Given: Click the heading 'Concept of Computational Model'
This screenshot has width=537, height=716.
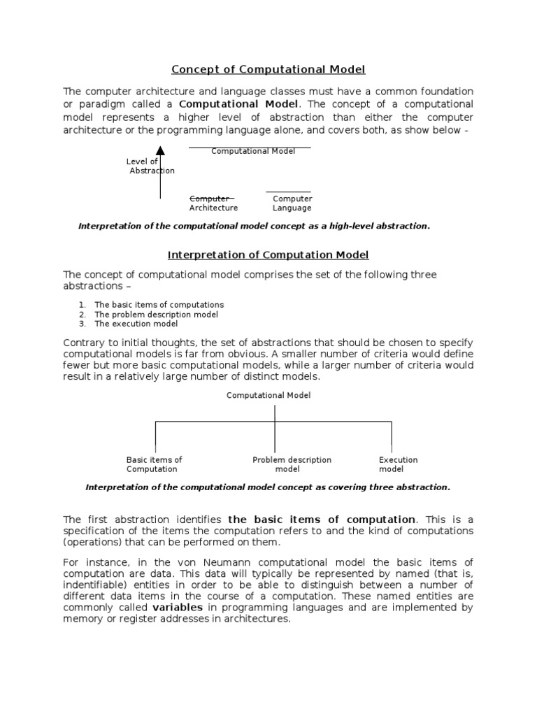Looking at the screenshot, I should point(268,69).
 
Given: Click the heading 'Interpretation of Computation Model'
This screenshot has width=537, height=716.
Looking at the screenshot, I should point(268,255).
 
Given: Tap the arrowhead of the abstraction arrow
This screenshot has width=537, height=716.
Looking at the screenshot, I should point(160,150).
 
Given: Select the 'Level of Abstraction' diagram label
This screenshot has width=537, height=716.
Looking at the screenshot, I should point(150,166).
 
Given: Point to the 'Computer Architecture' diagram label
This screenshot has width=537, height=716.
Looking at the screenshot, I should point(213,203).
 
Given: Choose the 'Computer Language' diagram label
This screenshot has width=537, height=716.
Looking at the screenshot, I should point(292,203).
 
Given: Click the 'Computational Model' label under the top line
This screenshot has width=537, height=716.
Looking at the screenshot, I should point(253,152).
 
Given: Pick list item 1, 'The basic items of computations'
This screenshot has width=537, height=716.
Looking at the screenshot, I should point(159,305).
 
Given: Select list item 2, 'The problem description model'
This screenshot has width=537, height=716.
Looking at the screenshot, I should point(156,315).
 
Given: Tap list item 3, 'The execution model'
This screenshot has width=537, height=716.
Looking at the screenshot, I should point(136,324).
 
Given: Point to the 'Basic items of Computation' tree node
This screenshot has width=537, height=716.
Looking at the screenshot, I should point(154,465).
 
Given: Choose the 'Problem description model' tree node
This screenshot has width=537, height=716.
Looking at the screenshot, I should point(292,465).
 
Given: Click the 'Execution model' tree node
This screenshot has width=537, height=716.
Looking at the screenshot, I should point(398,465).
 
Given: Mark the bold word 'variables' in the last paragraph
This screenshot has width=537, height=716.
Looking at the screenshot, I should point(178,608).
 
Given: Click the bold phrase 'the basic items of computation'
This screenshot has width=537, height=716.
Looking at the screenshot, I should point(322,520).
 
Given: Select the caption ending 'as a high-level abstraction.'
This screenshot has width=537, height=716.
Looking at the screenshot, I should point(255,227).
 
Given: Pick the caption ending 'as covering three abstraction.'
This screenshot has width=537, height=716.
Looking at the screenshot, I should point(268,487).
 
